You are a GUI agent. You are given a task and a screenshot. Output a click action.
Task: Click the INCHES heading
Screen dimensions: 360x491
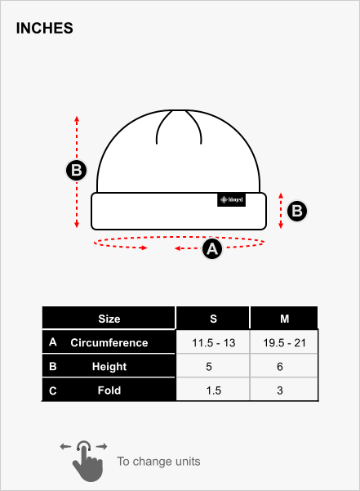[44, 28]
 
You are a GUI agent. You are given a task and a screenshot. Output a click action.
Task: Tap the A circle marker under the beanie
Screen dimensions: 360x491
[212, 249]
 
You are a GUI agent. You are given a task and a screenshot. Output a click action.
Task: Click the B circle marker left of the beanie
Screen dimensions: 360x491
[76, 171]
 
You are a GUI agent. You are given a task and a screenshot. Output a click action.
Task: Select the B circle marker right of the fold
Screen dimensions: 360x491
[297, 211]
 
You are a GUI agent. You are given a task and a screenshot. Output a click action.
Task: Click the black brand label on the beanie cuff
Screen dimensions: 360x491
[231, 200]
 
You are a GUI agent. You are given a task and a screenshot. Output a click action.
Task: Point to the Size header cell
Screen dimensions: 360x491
[109, 318]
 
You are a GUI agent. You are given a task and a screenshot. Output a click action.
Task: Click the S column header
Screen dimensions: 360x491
[213, 318]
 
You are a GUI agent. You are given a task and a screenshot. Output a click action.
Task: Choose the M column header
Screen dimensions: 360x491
[284, 318]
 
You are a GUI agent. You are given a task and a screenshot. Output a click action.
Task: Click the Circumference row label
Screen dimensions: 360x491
[109, 342]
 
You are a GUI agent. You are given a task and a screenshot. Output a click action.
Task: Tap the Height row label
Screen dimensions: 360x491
[109, 366]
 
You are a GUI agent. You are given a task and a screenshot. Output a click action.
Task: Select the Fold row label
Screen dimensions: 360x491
[109, 391]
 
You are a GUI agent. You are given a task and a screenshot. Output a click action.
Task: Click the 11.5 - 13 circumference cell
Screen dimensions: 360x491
[213, 342]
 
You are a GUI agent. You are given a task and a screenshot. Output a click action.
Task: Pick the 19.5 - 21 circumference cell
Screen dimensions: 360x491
[284, 342]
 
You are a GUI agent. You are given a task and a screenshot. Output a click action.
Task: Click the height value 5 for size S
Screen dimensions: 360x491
[209, 366]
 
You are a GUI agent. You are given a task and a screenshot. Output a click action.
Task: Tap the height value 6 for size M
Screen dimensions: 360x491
[280, 366]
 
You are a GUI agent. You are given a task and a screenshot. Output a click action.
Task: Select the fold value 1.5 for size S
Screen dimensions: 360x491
[214, 391]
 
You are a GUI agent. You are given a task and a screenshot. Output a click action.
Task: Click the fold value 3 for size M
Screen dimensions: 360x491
[280, 391]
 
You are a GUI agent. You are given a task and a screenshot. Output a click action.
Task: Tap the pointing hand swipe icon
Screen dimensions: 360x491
[84, 461]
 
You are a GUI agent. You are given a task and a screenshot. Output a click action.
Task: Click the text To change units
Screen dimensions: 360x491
[158, 462]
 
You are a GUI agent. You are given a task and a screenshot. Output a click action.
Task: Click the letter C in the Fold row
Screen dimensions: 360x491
[53, 391]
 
